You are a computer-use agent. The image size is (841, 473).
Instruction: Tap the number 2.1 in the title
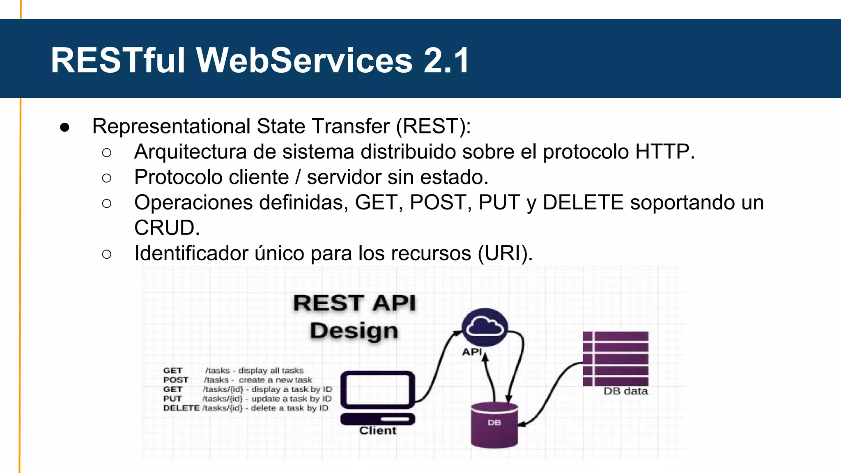pos(446,60)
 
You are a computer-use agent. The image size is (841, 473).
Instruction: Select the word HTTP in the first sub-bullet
pos(664,152)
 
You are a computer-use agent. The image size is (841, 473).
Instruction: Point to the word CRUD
pos(167,228)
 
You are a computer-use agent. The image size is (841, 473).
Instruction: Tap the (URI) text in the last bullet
pos(505,253)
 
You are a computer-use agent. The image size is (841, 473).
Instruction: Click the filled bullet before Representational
pos(64,127)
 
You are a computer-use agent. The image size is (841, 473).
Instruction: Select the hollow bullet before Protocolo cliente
pos(106,178)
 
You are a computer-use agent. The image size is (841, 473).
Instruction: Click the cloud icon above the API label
pos(485,327)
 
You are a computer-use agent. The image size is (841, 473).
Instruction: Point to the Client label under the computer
pos(377,430)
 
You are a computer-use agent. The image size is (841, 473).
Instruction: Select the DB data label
pos(625,391)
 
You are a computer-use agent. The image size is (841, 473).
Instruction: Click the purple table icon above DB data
pos(615,358)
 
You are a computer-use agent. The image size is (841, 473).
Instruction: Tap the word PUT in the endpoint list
pos(172,399)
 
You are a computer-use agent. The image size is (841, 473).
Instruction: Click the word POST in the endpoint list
pos(176,380)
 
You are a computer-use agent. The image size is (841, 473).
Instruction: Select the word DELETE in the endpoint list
pos(181,408)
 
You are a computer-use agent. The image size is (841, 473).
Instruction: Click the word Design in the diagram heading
pos(354,331)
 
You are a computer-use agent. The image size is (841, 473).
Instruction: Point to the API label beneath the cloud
pos(472,352)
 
